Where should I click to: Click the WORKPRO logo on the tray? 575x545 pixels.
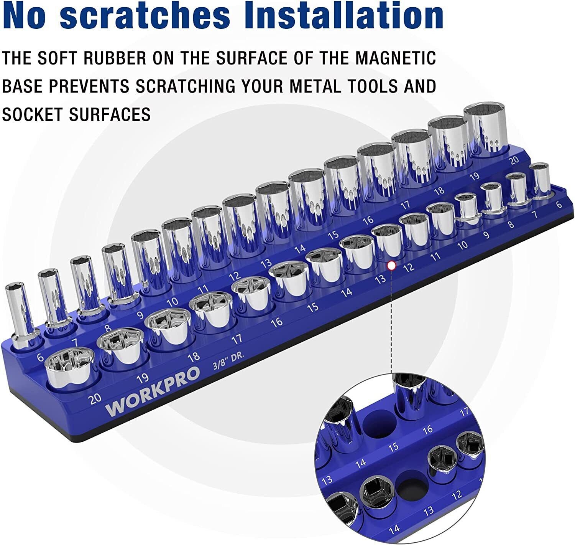[x=152, y=391]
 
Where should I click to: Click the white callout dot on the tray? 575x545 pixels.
[x=391, y=266]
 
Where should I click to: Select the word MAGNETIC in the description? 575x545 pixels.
[x=395, y=58]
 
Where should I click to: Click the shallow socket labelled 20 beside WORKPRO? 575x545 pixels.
[x=70, y=367]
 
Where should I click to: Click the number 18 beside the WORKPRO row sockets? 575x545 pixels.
[x=194, y=356]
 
